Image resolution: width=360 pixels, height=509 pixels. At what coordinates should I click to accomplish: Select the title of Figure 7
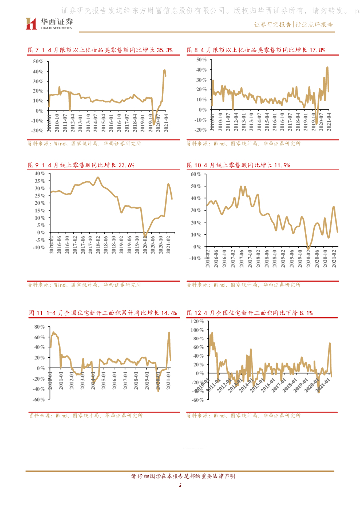pos(100,50)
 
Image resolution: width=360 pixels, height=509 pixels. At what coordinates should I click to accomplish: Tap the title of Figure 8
pos(256,50)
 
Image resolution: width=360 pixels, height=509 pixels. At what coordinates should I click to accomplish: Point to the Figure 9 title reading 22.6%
pos(82,165)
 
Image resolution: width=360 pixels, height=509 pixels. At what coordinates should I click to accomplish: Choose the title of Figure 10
pos(238,165)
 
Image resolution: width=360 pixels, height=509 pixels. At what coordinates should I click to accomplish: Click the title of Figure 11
pos(103,313)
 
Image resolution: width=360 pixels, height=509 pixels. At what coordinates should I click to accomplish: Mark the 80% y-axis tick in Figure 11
pos(39,327)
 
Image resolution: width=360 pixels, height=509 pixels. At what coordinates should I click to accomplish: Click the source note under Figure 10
pos(244,285)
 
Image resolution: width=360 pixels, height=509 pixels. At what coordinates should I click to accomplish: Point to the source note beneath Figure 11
pos(85,415)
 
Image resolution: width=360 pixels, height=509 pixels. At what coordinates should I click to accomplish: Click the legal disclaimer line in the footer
pos(180,476)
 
